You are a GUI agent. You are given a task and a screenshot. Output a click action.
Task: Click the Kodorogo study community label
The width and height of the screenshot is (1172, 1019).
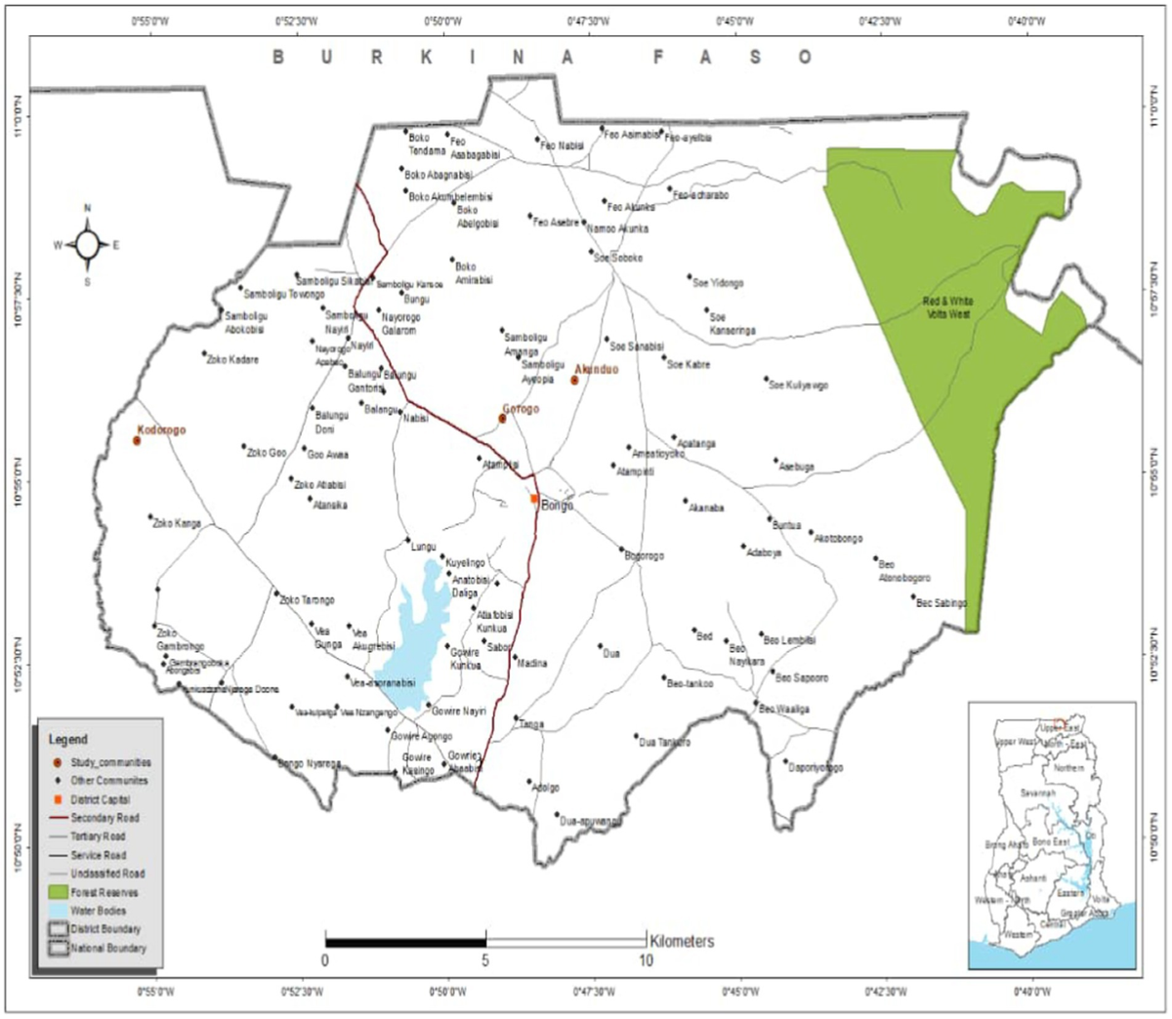coord(161,429)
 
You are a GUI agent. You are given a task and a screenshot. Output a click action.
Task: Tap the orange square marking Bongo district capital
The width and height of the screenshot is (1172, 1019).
coord(534,498)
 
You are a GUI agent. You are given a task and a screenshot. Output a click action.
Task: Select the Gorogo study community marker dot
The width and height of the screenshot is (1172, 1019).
coord(502,418)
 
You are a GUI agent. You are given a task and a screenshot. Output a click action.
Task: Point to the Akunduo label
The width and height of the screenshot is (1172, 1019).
coord(597,369)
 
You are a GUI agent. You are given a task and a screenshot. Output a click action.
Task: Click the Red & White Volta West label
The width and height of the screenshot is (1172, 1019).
coord(947,307)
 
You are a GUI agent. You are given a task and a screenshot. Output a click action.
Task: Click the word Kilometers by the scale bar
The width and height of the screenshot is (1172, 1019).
coord(682,941)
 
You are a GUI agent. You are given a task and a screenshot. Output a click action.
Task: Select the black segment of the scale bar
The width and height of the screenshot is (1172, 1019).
coord(405,942)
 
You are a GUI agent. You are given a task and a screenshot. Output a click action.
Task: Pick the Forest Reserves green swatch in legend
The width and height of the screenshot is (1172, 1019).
coord(58,892)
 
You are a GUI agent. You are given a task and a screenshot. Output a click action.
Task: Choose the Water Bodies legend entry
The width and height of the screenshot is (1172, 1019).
coord(98,911)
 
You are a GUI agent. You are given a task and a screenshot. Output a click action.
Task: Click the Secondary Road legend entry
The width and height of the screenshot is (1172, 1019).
coord(105,818)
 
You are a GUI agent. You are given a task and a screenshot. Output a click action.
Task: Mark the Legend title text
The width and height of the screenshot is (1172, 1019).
coord(67,740)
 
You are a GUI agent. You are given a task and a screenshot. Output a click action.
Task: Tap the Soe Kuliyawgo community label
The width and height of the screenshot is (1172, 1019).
coord(798,386)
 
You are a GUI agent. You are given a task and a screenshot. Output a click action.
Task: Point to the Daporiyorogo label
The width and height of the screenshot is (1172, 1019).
coord(816,768)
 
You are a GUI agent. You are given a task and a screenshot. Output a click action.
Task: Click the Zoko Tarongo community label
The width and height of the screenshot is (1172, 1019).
coord(307,600)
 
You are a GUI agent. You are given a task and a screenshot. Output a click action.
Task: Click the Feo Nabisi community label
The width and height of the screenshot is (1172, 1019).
coord(563,145)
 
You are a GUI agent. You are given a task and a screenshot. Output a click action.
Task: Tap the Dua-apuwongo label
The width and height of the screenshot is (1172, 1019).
coord(590,822)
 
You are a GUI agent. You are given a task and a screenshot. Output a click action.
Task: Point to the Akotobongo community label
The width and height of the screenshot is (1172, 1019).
coord(838,539)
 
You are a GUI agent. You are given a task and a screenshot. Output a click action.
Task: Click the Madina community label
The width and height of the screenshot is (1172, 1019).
coord(531,664)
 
